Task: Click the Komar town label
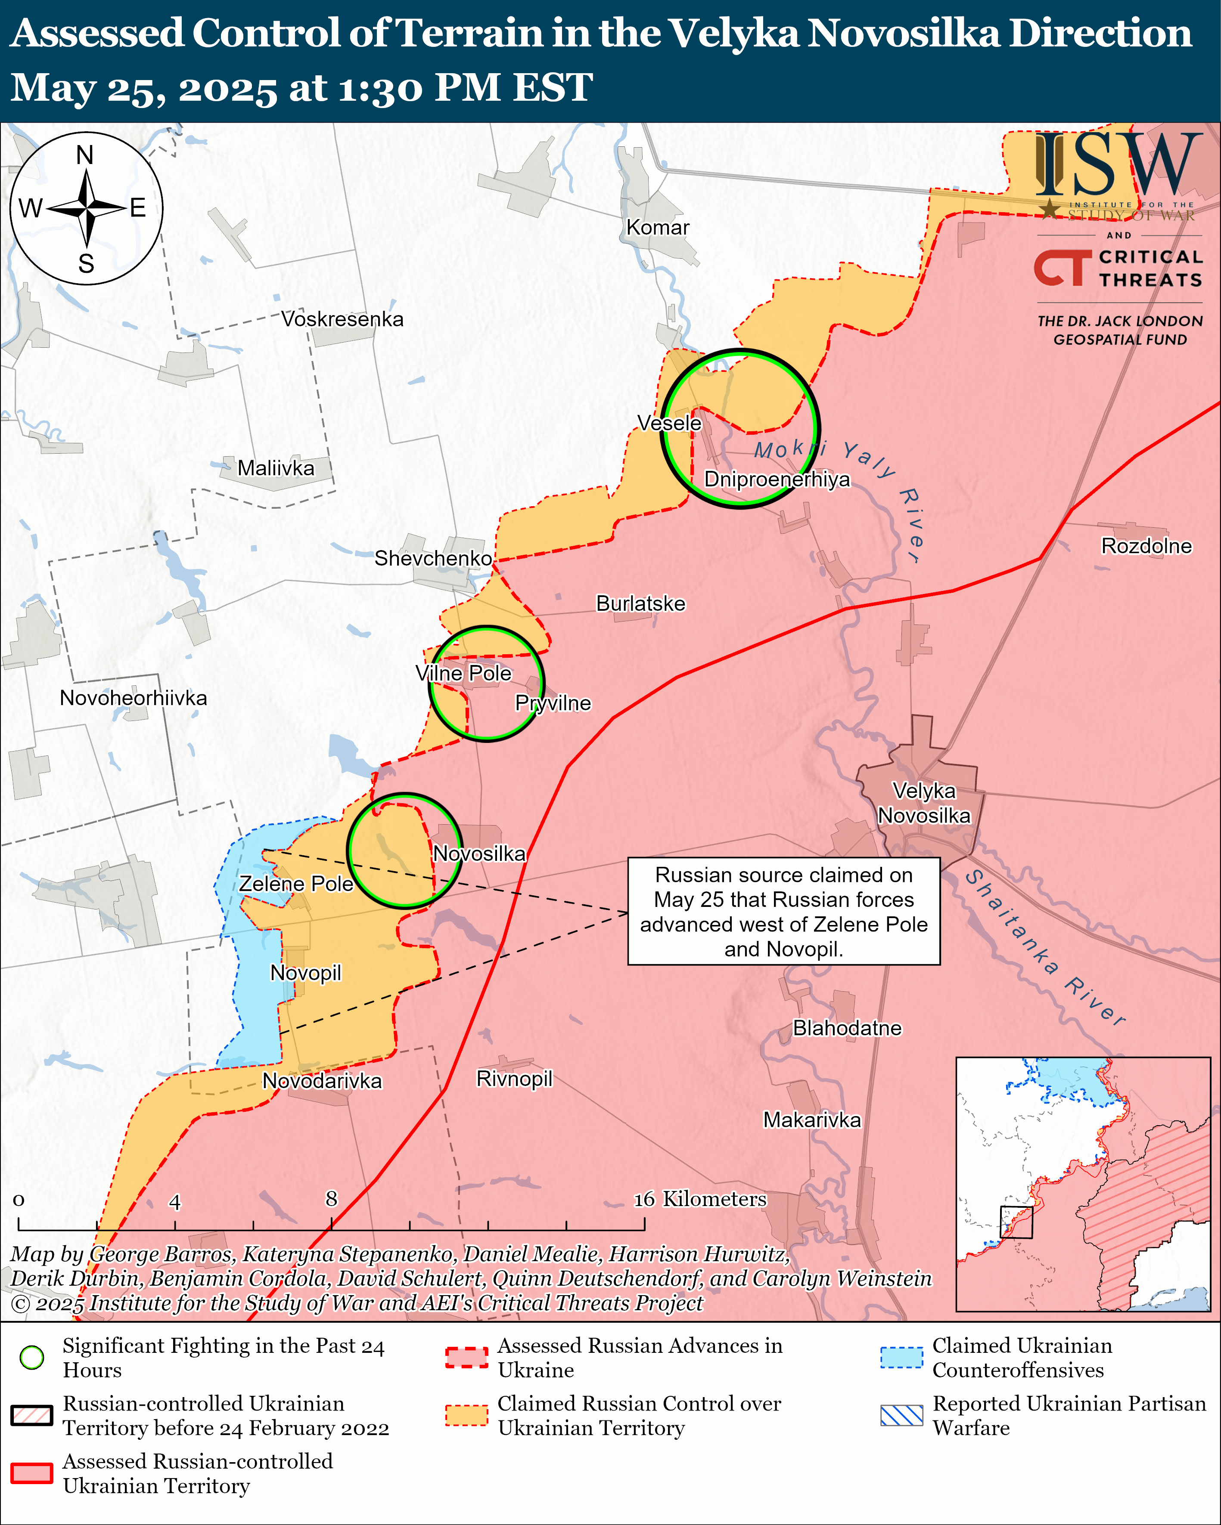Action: [x=658, y=228]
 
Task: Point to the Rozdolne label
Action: [x=1146, y=546]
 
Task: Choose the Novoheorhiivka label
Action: [x=133, y=698]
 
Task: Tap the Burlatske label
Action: [x=640, y=604]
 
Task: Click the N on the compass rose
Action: [x=85, y=155]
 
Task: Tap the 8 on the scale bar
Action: [x=331, y=1199]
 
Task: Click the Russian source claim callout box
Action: [x=783, y=912]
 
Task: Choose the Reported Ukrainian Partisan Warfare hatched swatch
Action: [x=902, y=1415]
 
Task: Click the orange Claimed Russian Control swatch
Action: [x=466, y=1415]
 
